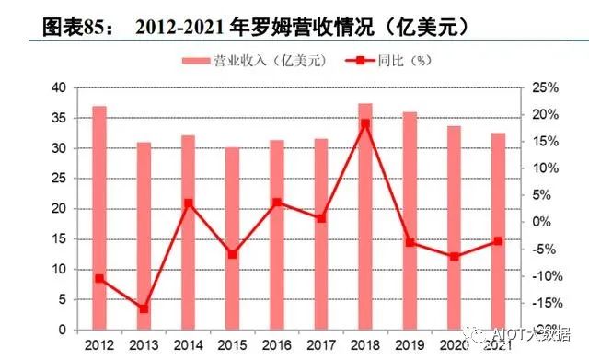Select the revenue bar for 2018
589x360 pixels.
pos(366,216)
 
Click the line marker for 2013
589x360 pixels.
pos(144,308)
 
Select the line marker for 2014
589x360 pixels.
pos(189,203)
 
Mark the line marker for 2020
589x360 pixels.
pos(454,256)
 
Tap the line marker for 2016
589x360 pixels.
pos(277,203)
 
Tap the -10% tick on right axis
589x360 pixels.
pos(546,276)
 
